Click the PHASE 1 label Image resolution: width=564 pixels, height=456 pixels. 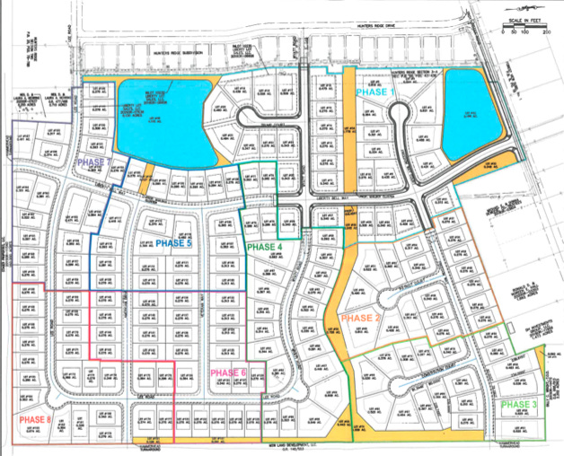pyautogui.click(x=375, y=92)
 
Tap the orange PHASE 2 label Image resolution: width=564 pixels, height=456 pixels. pyautogui.click(x=359, y=319)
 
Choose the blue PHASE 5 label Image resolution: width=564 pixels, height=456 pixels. pyautogui.click(x=173, y=243)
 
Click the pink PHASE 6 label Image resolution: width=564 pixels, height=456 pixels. pyautogui.click(x=228, y=373)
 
